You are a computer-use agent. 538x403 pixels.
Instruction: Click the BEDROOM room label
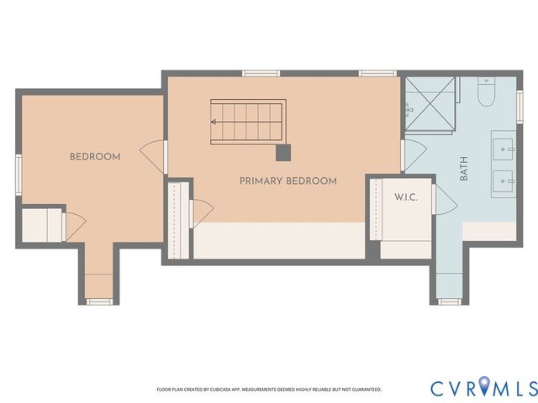pos(94,156)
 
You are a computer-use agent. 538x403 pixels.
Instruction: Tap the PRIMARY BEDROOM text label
pos(287,181)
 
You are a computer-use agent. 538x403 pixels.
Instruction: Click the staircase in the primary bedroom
pos(247,121)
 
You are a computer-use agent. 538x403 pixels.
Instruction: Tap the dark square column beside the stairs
pos(283,152)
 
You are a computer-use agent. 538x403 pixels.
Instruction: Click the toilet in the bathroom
pos(487,92)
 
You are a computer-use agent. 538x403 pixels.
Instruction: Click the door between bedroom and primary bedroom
pos(154,156)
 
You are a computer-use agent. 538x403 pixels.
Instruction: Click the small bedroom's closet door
pos(75,225)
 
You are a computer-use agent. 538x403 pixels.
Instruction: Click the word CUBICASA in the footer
pos(237,390)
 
